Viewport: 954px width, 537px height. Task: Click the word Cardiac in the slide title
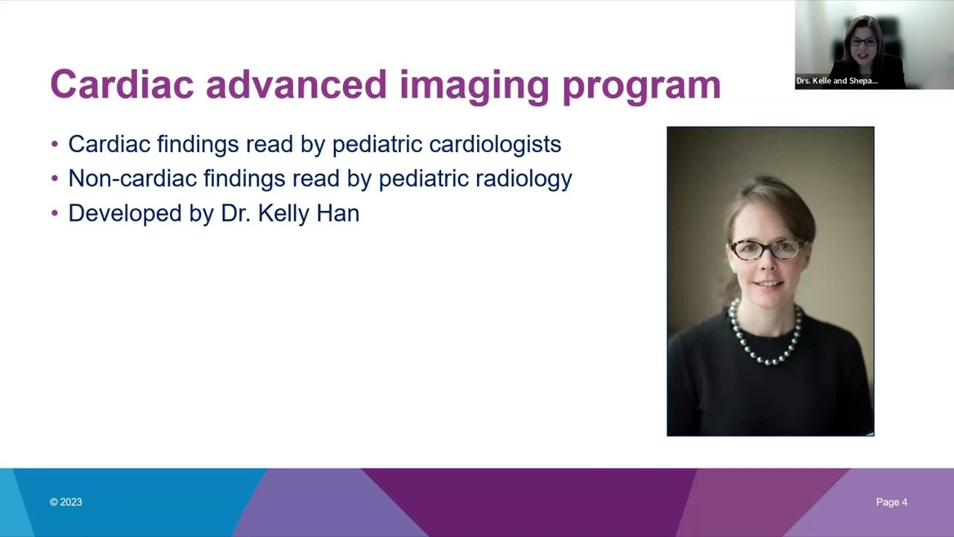(121, 84)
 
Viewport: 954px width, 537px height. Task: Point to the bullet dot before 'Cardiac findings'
(54, 143)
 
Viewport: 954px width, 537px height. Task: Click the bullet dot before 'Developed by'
(54, 213)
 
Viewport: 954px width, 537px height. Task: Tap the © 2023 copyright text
(66, 502)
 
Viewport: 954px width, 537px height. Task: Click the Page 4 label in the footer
(891, 502)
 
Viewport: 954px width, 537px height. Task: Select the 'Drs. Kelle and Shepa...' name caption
(836, 81)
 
